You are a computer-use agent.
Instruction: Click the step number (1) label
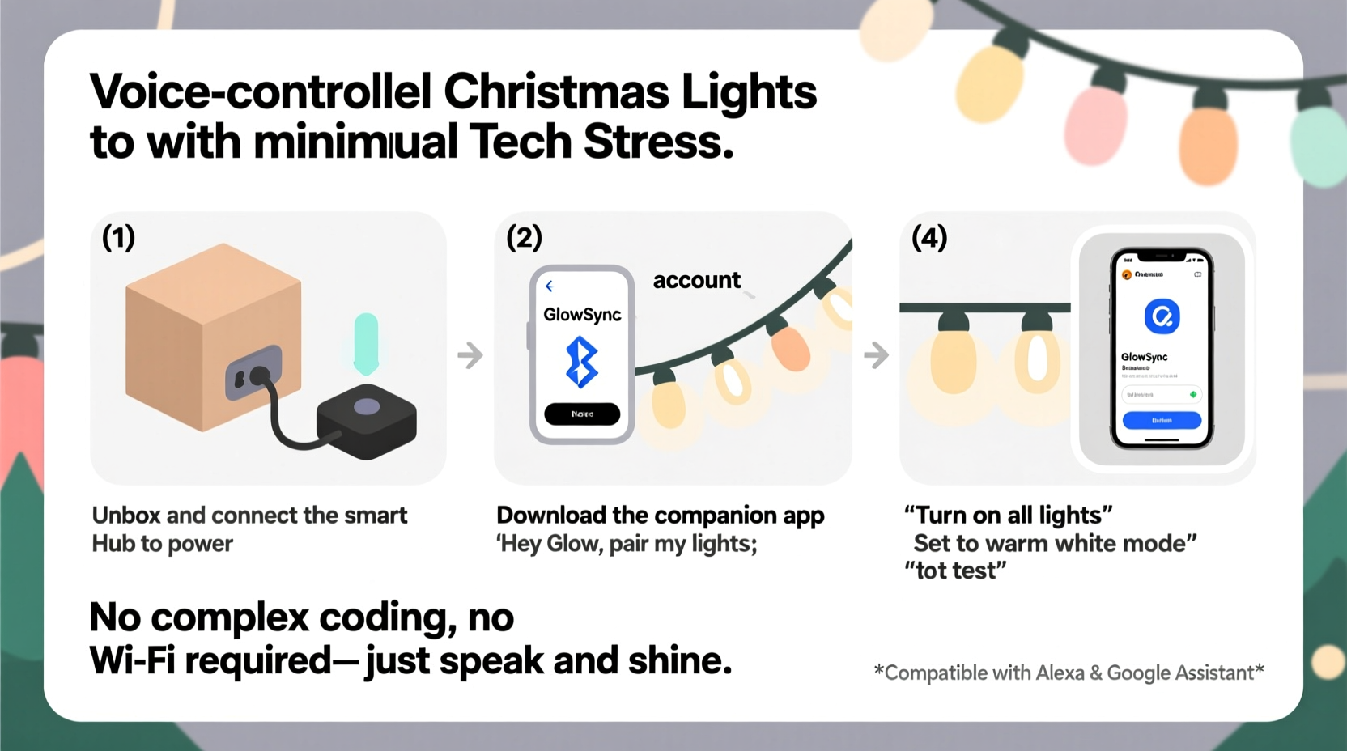[x=118, y=238]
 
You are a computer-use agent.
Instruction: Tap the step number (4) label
[x=928, y=238]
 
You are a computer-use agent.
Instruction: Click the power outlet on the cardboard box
[x=253, y=373]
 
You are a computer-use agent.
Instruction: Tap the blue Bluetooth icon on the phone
[x=582, y=362]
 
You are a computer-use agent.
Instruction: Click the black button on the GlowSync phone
[x=582, y=414]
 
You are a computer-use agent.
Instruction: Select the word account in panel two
[x=696, y=280]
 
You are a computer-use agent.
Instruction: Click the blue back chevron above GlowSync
[x=549, y=286]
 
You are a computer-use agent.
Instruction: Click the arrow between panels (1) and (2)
[x=470, y=354]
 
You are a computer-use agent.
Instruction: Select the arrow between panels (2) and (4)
[x=876, y=354]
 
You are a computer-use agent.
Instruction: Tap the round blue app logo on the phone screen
[x=1162, y=316]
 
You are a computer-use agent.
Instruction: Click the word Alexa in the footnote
[x=1059, y=673]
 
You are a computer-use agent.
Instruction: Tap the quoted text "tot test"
[x=955, y=571]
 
